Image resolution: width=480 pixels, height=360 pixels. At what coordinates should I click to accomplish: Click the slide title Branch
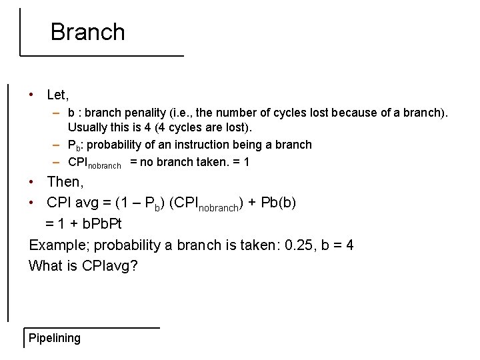click(x=87, y=32)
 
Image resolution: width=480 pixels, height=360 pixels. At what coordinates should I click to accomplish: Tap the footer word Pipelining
click(x=55, y=338)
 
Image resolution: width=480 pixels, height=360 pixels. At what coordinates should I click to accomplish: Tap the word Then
click(x=63, y=182)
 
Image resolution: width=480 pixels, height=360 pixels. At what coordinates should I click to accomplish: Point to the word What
click(x=45, y=266)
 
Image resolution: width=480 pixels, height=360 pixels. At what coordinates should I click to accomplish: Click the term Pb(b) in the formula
click(x=279, y=202)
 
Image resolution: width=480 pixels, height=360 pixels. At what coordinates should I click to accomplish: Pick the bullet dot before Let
click(x=32, y=95)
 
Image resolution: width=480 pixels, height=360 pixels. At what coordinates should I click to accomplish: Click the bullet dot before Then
click(x=32, y=182)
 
